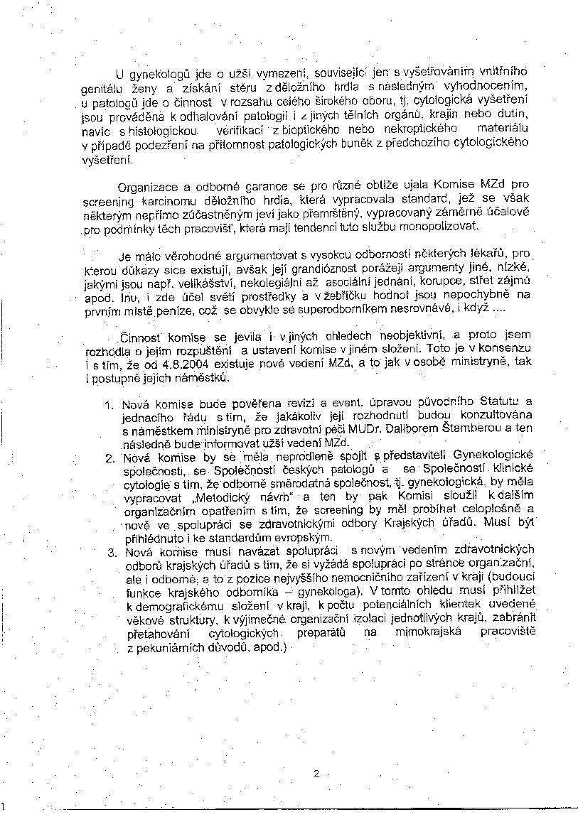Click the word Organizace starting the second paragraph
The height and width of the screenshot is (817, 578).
coord(144,188)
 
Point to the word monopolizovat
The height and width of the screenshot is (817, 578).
coord(439,227)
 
